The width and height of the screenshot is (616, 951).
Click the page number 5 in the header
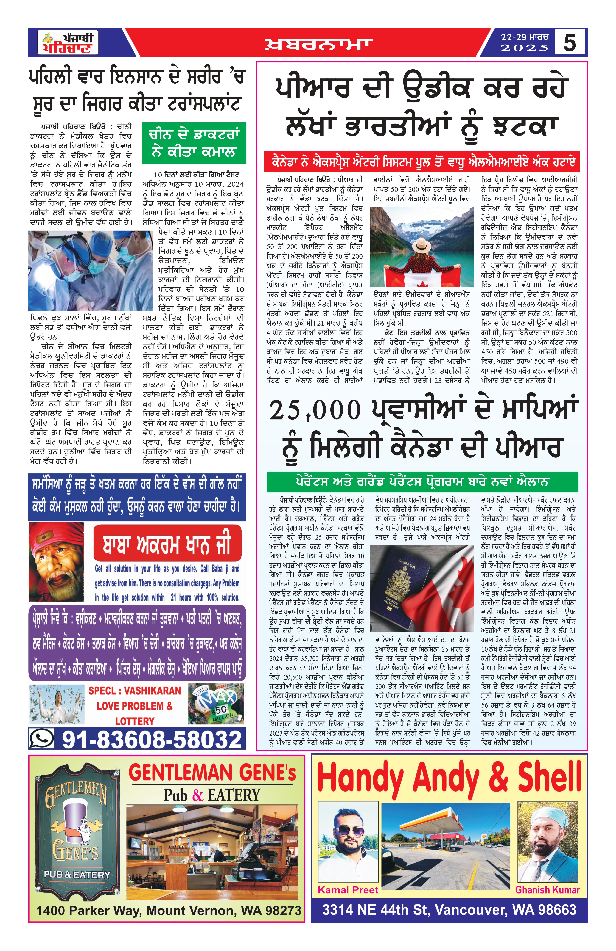click(x=570, y=42)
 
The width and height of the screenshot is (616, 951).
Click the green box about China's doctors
click(x=194, y=143)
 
